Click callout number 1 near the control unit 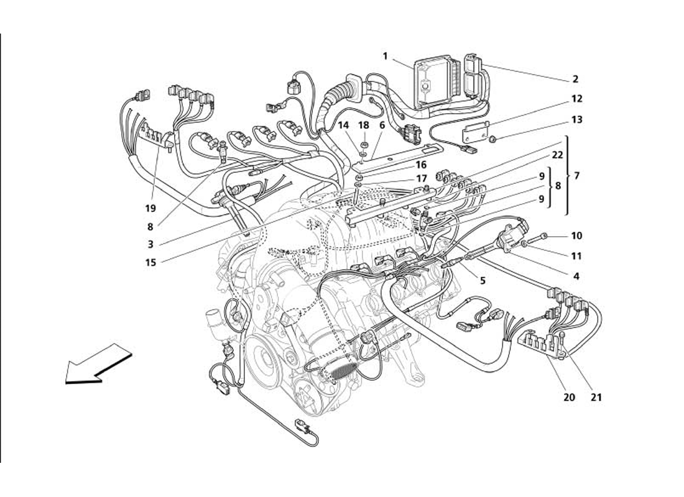click(x=385, y=56)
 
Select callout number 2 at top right click(x=575, y=80)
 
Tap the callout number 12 click(x=578, y=99)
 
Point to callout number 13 click(x=578, y=120)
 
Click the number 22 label click(x=557, y=155)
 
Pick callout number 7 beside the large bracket click(x=576, y=176)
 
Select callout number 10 click(x=576, y=236)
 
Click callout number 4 click(x=576, y=276)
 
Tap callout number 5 click(x=483, y=280)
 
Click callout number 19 click(x=151, y=208)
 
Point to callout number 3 click(x=151, y=244)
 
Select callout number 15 click(x=151, y=262)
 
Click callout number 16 click(x=404, y=165)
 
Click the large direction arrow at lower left click(x=98, y=367)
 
